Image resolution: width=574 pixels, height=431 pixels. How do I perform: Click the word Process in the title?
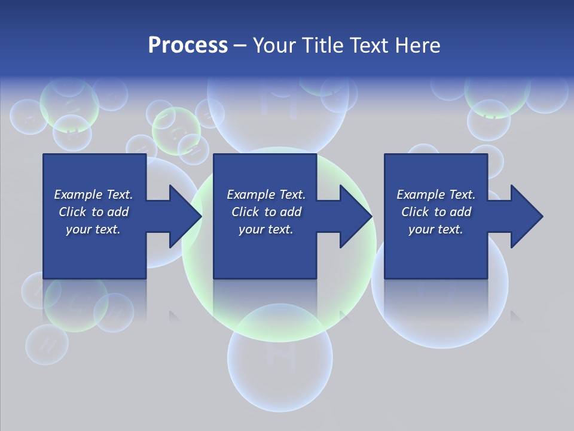(x=188, y=45)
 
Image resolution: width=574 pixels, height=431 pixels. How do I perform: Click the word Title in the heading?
(x=322, y=45)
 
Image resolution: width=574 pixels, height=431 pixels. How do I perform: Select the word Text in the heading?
(x=370, y=45)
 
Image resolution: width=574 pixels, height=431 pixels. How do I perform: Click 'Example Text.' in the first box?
(x=93, y=195)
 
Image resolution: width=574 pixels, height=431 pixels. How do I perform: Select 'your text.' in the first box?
(x=93, y=229)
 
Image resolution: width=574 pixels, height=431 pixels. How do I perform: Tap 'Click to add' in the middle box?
(x=266, y=212)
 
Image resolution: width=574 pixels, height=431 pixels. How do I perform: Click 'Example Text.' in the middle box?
(x=266, y=195)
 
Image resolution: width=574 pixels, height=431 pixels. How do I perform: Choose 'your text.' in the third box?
(x=436, y=229)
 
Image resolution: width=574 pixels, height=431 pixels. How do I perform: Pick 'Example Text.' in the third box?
(x=436, y=195)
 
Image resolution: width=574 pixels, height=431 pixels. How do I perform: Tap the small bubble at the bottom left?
(x=46, y=345)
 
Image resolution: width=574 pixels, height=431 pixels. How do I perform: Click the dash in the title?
(x=240, y=45)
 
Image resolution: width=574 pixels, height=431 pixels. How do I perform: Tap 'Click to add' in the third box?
(x=436, y=212)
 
